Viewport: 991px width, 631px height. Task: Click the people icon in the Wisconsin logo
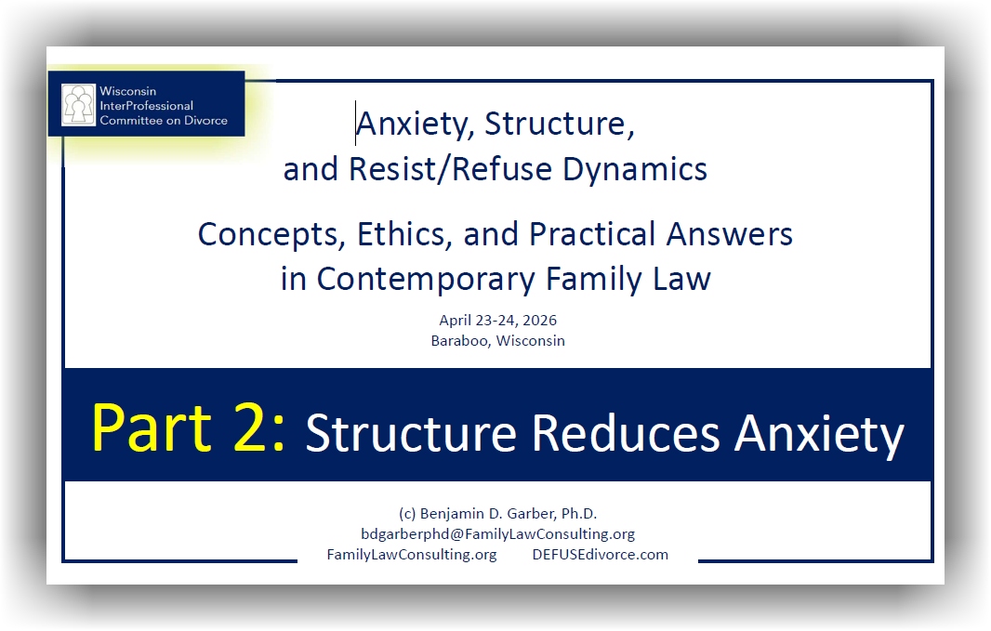click(x=78, y=105)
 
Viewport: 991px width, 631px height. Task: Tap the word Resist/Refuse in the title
click(x=450, y=169)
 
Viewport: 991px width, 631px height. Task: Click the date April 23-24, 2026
click(x=498, y=321)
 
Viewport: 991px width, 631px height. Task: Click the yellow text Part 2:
click(x=189, y=429)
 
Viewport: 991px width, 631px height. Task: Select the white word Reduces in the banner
click(x=625, y=434)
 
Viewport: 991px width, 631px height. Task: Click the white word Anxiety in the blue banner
click(x=819, y=435)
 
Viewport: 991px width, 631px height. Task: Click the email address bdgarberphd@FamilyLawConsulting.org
click(x=498, y=533)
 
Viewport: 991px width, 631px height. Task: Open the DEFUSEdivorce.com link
click(x=600, y=555)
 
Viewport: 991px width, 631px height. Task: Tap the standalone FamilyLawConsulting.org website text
click(x=412, y=555)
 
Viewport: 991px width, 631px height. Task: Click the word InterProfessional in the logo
click(x=146, y=106)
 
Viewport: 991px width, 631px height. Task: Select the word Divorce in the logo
click(x=205, y=120)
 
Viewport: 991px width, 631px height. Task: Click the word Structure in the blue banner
click(x=412, y=434)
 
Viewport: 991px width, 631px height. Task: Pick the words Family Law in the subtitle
click(x=628, y=280)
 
